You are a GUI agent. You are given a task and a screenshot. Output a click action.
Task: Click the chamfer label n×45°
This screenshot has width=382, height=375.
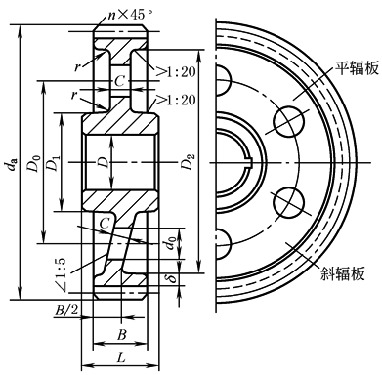(130, 15)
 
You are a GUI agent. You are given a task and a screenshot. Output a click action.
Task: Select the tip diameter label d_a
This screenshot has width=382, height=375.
(12, 163)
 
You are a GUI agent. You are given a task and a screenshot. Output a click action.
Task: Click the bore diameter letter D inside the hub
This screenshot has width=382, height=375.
(104, 162)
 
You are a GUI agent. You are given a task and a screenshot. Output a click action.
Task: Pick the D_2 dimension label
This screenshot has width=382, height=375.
(189, 161)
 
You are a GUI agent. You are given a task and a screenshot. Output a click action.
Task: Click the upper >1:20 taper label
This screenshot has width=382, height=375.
(176, 71)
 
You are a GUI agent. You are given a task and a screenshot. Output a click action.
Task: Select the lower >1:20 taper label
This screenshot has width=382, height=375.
(176, 100)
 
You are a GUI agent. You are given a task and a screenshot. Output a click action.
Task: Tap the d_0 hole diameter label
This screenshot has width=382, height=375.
(172, 242)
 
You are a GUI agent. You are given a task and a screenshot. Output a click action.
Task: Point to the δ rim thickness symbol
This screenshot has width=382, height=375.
(172, 275)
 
